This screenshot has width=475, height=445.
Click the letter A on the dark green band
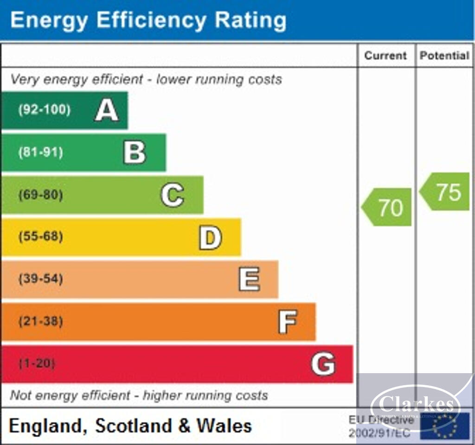(107, 111)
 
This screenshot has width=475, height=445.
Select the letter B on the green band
(135, 153)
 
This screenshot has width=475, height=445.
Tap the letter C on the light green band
(172, 195)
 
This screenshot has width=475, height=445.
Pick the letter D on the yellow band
(210, 237)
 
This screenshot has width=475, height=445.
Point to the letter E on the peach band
(249, 280)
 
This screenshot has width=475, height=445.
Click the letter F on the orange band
(288, 322)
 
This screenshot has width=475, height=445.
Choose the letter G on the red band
(323, 364)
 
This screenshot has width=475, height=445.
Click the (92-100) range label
(44, 110)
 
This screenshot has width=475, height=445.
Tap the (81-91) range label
(40, 153)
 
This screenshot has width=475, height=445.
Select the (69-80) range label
(40, 195)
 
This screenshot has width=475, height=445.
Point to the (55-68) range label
(40, 237)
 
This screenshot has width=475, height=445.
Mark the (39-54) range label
(40, 279)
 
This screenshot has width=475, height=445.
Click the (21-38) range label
(40, 321)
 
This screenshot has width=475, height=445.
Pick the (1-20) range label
(37, 363)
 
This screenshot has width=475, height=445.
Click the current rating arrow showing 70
(388, 207)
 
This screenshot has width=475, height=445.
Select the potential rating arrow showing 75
(446, 192)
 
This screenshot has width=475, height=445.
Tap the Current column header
(385, 56)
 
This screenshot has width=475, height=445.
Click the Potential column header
(444, 56)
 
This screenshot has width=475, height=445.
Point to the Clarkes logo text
(416, 404)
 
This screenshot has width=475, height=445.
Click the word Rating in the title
(250, 20)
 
